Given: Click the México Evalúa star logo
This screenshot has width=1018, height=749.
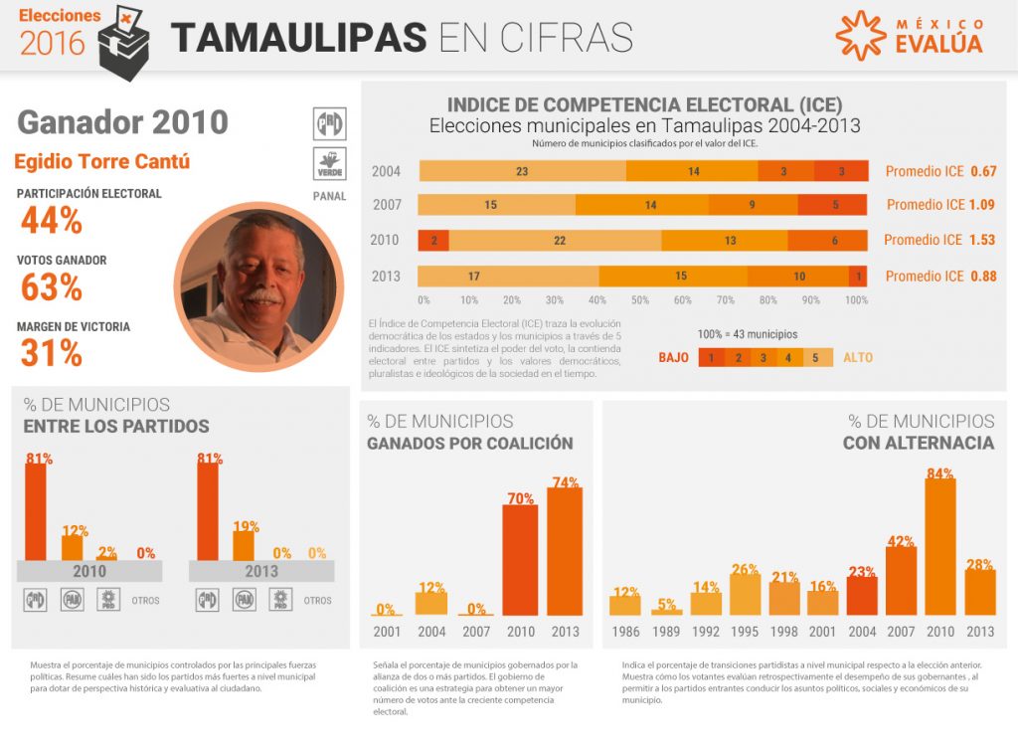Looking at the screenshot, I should point(860,36).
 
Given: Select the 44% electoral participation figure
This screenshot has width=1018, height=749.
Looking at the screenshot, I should point(51,221).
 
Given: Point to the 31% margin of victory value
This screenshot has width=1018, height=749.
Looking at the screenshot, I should point(51,353).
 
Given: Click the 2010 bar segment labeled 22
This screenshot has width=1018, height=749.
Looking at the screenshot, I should point(560,240).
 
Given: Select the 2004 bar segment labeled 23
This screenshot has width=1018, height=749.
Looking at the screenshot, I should point(522,171).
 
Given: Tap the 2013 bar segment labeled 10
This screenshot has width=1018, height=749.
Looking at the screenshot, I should point(799,276).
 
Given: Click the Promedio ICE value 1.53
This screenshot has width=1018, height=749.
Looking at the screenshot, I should point(980,240).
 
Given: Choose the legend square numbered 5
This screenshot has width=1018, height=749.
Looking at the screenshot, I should point(816,357).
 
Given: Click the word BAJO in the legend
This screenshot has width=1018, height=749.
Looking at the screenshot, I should point(674,357).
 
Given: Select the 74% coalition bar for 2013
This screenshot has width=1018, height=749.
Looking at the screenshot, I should point(565,551).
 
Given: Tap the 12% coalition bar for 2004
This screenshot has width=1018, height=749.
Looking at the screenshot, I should point(431,602).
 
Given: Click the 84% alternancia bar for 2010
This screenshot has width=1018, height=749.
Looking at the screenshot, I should point(940,546).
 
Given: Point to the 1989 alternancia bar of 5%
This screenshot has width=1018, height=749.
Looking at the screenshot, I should point(667,610).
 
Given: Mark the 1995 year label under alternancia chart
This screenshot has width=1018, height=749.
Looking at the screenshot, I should point(745,632).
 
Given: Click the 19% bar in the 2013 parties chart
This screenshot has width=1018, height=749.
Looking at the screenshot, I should point(244,544).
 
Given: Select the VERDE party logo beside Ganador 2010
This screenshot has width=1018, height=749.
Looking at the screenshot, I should point(329,163).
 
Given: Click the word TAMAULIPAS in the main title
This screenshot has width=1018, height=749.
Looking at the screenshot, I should point(298,37).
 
